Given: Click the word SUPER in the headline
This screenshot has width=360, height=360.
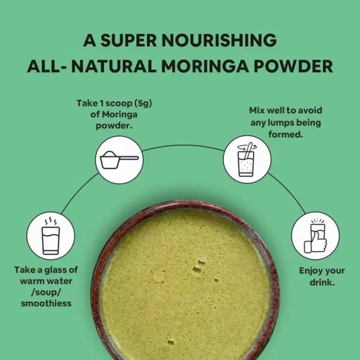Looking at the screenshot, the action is [x=129, y=40].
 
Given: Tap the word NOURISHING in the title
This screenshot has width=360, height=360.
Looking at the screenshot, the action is [x=219, y=40].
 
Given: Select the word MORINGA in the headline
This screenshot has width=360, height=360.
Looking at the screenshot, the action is [x=205, y=66].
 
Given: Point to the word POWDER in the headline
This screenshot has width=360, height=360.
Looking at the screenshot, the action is [x=293, y=66].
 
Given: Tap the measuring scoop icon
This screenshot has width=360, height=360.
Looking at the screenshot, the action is [x=119, y=160].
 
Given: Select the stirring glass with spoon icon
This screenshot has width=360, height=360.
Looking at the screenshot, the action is [x=247, y=159].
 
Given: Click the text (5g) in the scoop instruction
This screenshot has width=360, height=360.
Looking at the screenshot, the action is [x=143, y=103].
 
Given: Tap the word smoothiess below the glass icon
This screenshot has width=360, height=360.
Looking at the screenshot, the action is [x=46, y=304].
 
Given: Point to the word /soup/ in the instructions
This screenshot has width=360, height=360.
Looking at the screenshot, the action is [x=46, y=292].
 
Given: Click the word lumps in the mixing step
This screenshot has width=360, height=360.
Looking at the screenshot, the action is [x=281, y=123].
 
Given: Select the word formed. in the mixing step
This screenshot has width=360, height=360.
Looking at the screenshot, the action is [x=286, y=134].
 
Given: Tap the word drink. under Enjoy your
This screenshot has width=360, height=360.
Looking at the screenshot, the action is [x=322, y=282].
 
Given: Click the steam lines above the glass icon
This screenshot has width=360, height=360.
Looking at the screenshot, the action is [x=51, y=220].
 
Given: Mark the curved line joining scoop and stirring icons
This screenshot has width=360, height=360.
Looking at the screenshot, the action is [x=183, y=145].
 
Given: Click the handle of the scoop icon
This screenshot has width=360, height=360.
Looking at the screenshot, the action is [x=129, y=158].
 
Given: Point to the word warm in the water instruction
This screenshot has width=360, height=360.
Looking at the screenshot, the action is [x=30, y=281].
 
